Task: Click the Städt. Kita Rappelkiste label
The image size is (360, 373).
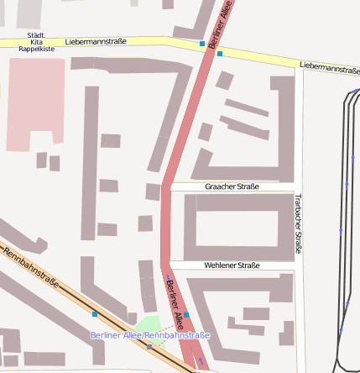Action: (36, 41)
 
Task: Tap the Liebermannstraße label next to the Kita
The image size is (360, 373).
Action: (95, 40)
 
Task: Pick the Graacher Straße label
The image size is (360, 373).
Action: (232, 186)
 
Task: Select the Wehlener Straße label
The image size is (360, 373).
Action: (232, 265)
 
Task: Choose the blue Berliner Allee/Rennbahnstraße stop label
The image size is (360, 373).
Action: (149, 335)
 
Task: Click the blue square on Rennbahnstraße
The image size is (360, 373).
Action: (95, 314)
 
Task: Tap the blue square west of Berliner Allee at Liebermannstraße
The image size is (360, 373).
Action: (202, 43)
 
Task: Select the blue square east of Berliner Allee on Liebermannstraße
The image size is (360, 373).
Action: (220, 54)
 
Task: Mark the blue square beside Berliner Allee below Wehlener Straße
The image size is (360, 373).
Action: (186, 314)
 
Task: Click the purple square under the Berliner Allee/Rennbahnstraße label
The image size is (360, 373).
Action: (149, 346)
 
